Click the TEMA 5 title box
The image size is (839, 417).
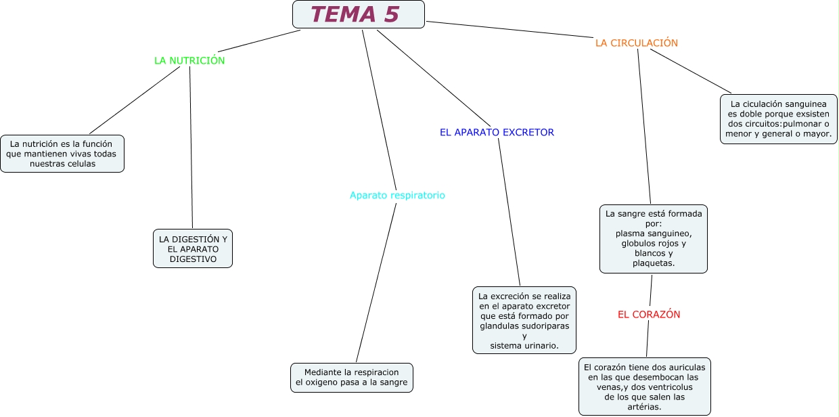358,14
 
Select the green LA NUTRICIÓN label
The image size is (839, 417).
189,60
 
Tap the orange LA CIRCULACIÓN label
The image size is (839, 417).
636,43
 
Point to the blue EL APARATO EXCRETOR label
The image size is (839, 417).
497,133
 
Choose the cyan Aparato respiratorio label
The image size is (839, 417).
397,195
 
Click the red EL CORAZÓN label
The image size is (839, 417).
649,314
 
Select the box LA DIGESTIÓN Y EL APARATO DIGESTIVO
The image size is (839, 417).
193,248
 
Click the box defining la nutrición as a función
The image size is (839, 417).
62,154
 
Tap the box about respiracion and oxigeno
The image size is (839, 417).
351,377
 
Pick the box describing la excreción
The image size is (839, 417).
524,320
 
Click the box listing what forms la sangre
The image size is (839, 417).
654,238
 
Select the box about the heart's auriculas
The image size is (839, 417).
644,387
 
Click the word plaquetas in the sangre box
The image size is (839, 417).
654,263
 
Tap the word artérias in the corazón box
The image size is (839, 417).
644,407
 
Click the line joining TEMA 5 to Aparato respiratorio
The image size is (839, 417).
379,108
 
